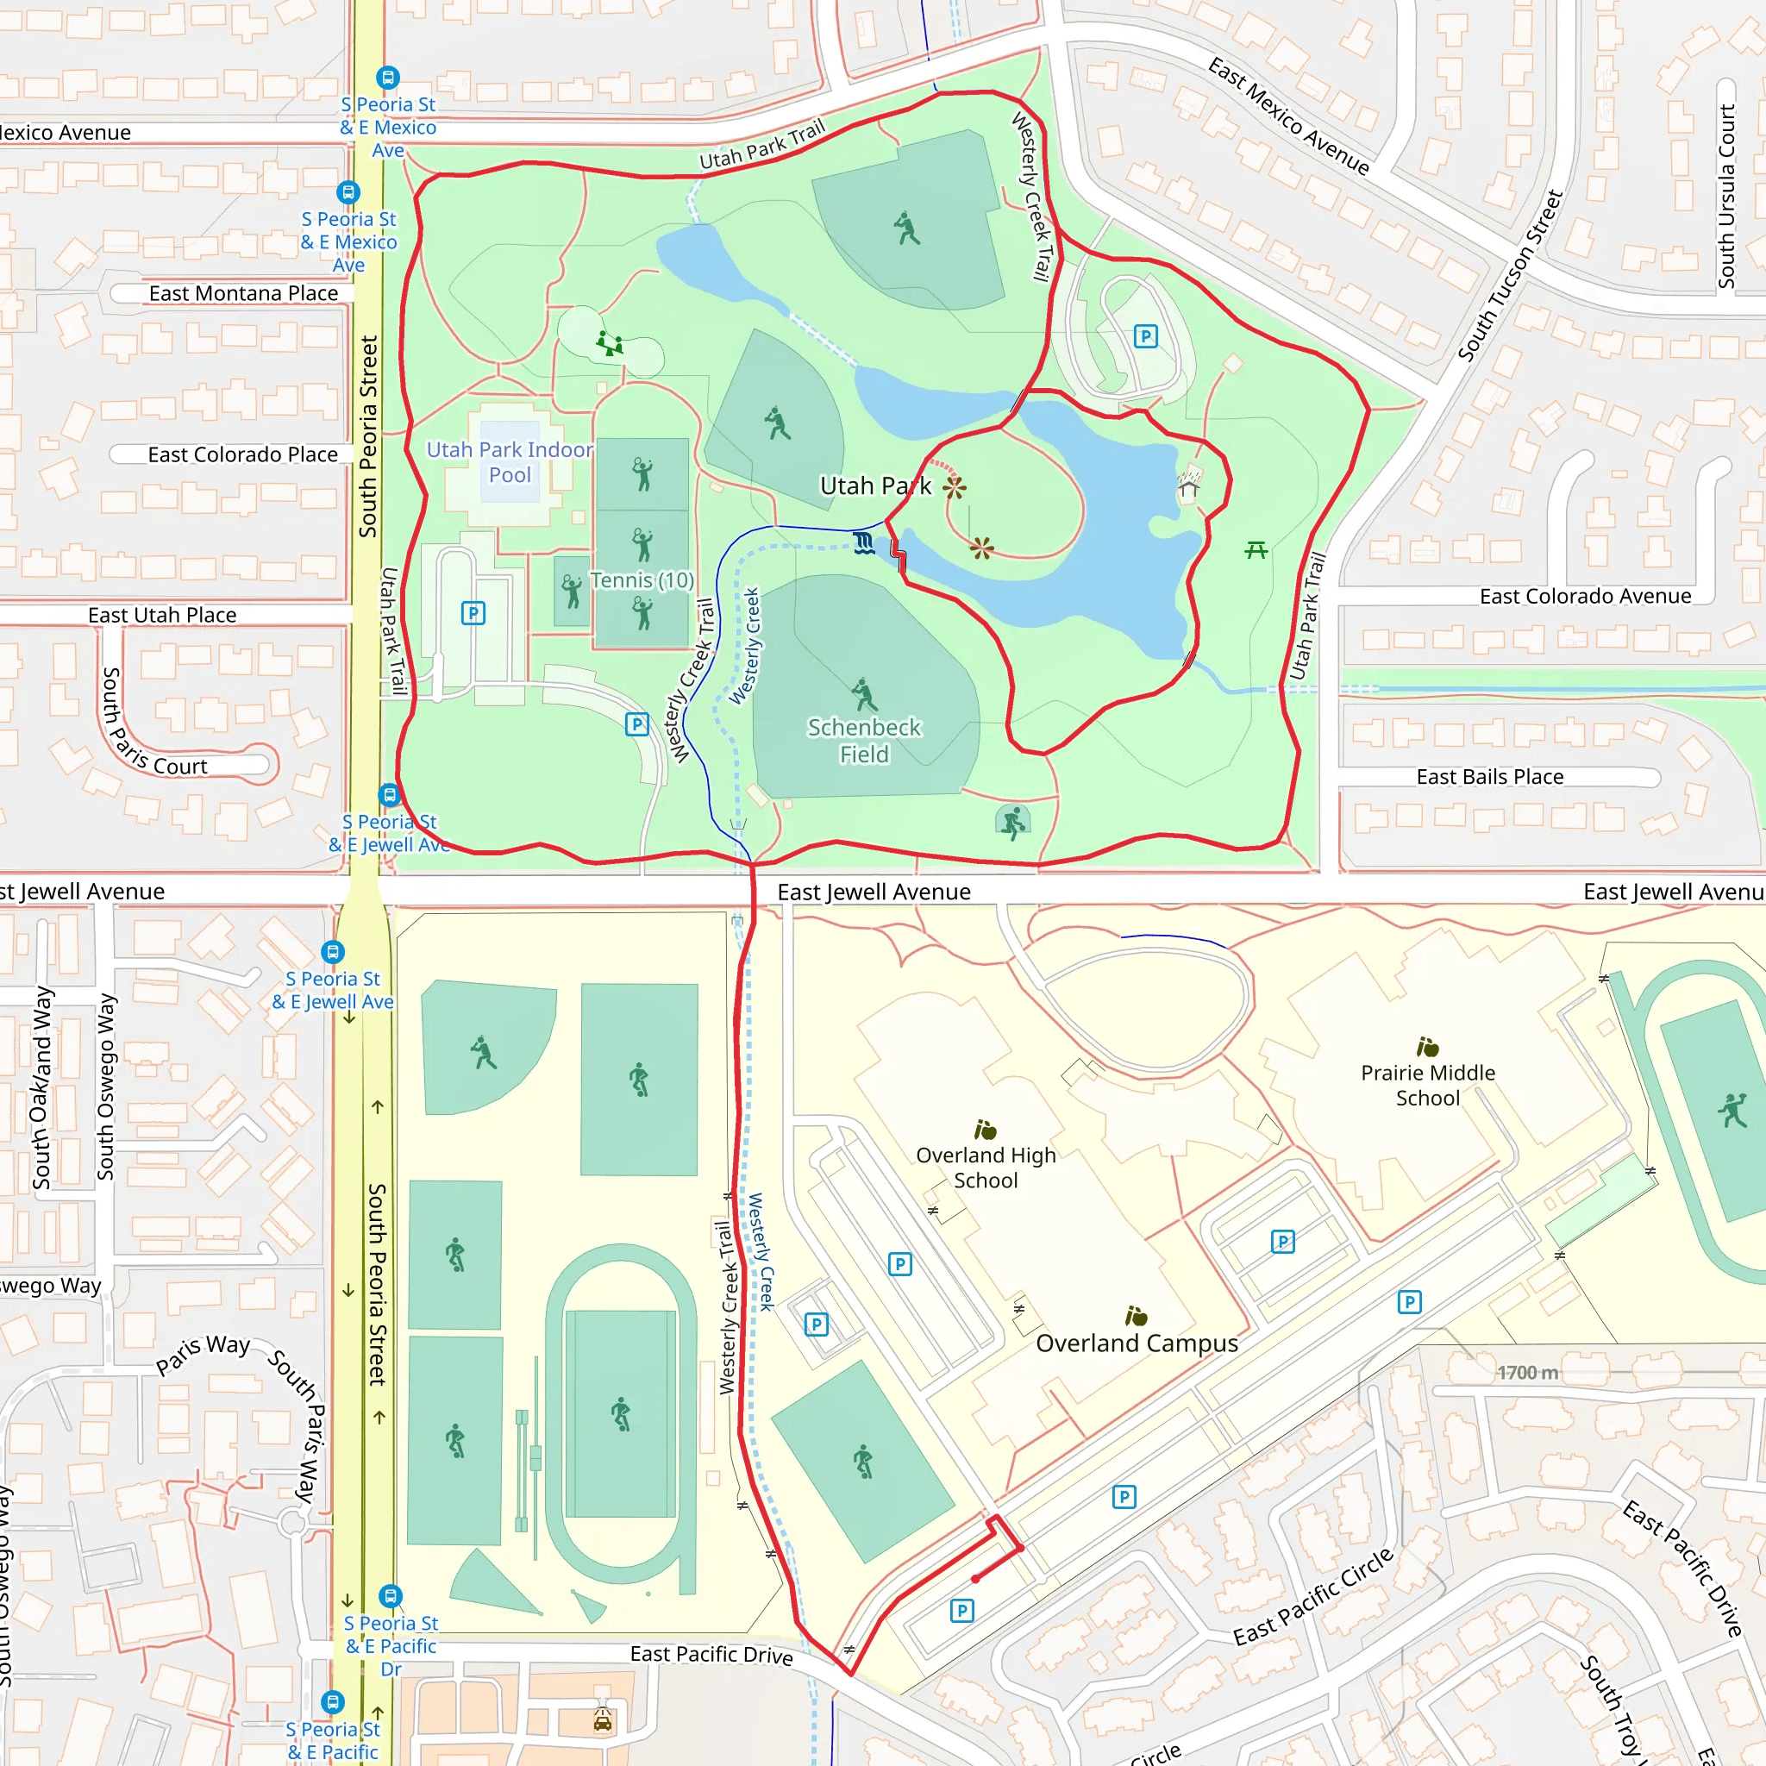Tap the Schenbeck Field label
(x=864, y=741)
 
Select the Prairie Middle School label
(x=1428, y=1085)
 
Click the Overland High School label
(x=986, y=1168)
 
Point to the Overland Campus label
(x=1137, y=1343)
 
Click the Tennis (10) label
(x=642, y=580)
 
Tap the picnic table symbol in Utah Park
(x=1256, y=549)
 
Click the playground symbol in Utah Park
(x=610, y=345)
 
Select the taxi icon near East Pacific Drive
(x=603, y=1720)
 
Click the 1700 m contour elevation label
(x=1527, y=1372)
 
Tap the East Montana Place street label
(x=243, y=293)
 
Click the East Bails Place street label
(x=1490, y=777)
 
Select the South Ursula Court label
(x=1725, y=197)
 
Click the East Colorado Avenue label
(x=1585, y=597)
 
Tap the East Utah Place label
(x=162, y=615)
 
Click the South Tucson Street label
(x=1510, y=275)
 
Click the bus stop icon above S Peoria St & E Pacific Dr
(x=391, y=1596)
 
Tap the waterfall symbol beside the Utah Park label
(x=864, y=545)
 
